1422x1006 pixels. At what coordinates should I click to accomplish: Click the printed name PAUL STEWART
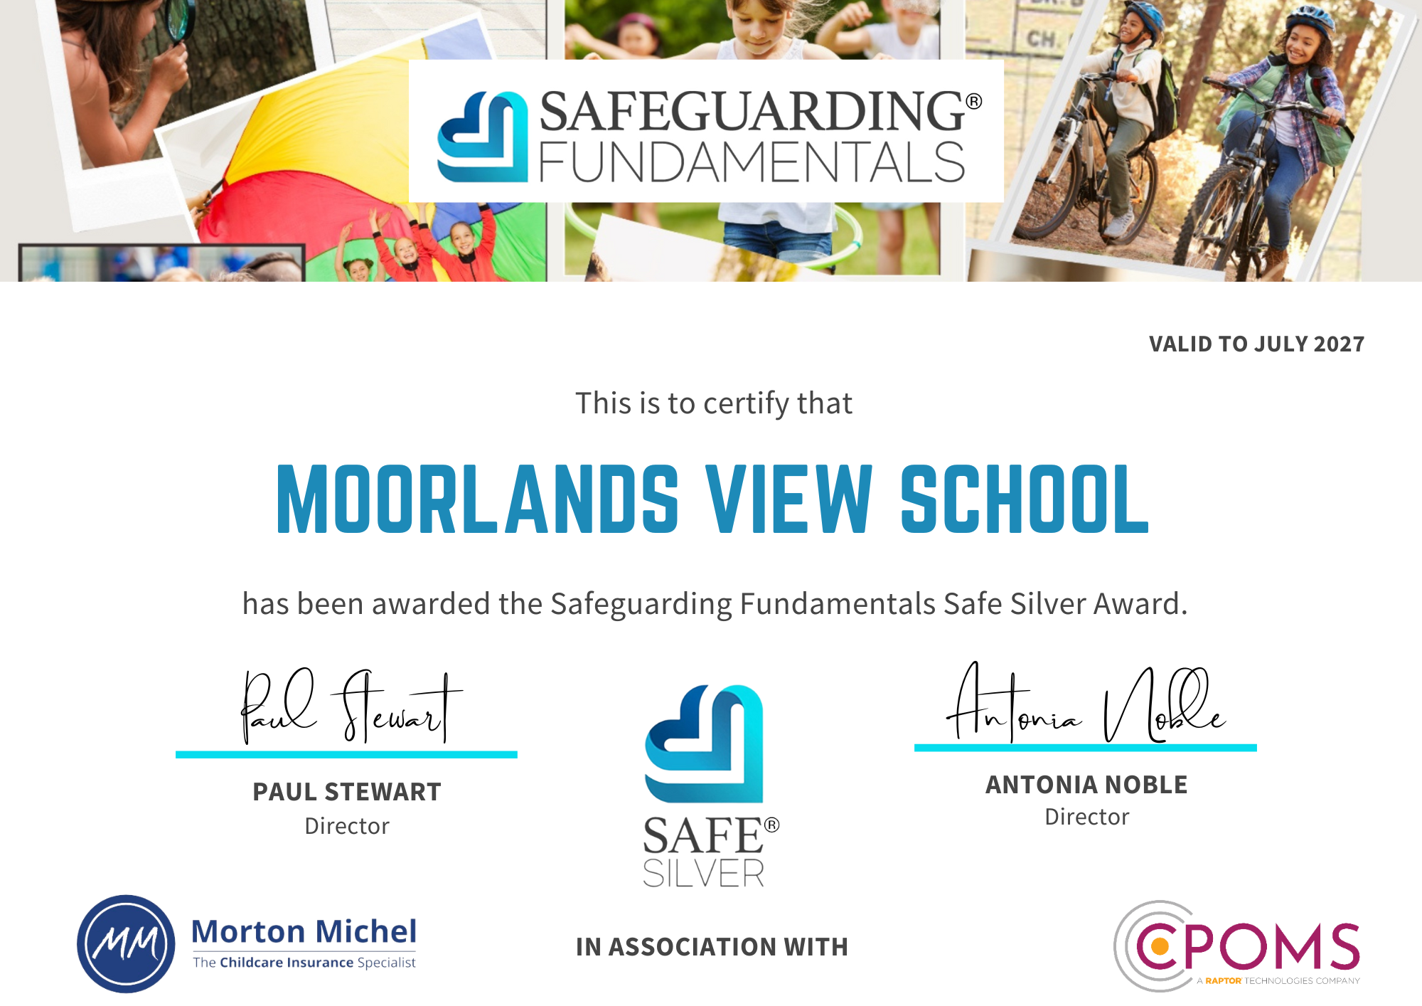(x=347, y=792)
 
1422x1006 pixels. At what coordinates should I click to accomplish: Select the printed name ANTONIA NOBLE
(x=1086, y=785)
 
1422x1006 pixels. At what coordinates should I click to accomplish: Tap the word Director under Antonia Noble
(x=1086, y=817)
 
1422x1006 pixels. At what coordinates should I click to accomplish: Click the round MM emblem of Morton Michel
(x=126, y=943)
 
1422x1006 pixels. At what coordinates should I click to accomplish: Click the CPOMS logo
(x=1237, y=946)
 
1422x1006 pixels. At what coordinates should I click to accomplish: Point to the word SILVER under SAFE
(x=703, y=874)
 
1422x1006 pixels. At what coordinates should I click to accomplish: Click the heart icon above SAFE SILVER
(x=704, y=743)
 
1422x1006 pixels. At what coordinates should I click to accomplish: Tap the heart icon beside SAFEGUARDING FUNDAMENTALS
(x=483, y=137)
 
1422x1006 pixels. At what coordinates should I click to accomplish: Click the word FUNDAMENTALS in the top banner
(x=752, y=162)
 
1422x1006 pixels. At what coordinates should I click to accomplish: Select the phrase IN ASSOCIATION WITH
(x=712, y=947)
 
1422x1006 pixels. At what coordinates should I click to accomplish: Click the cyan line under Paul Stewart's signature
(x=346, y=754)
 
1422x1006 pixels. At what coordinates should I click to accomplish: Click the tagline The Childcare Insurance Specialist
(x=304, y=963)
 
